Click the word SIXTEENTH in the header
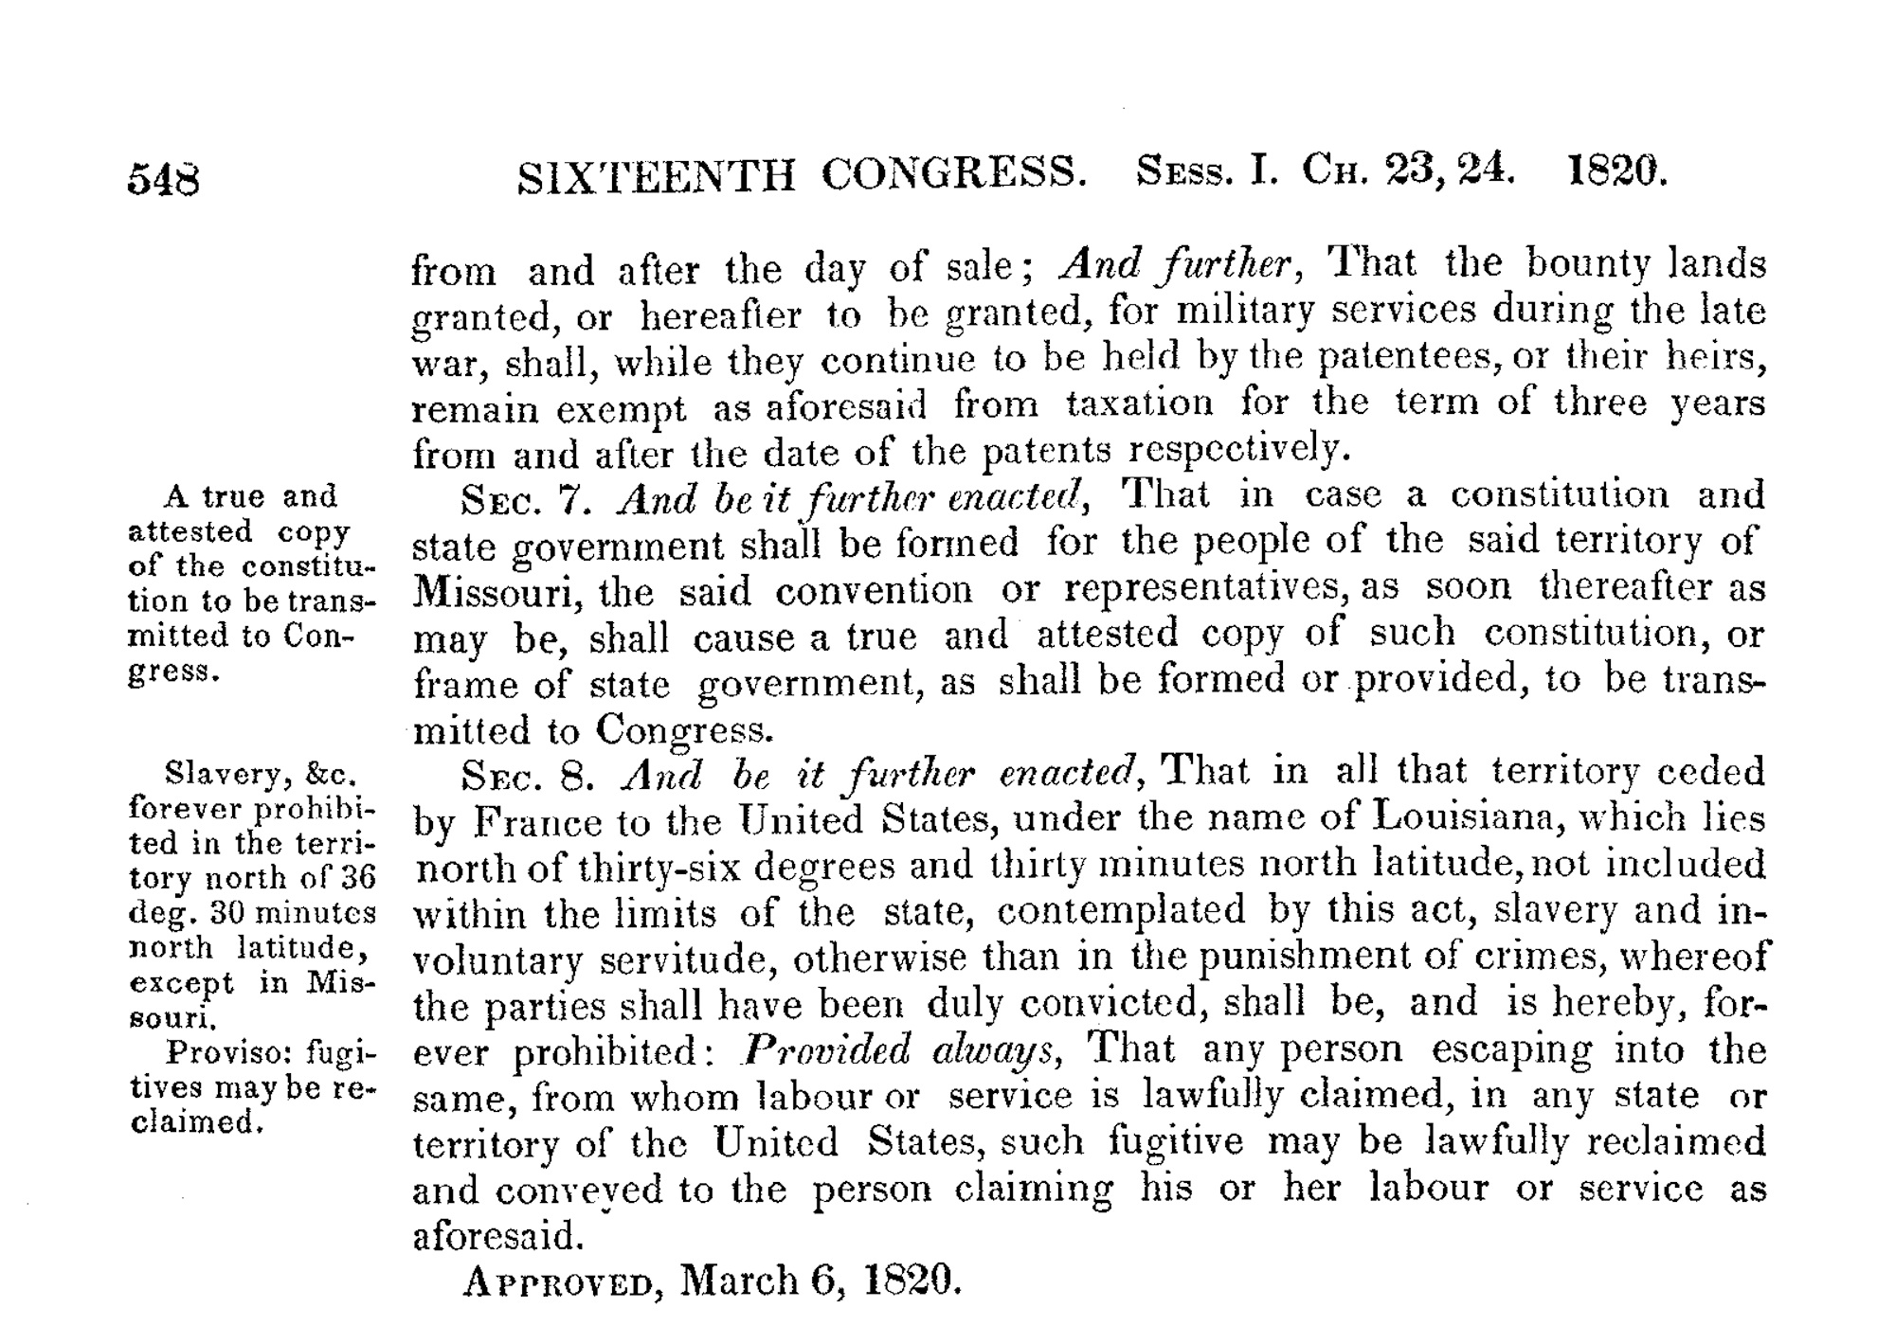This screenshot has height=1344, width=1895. coord(657,176)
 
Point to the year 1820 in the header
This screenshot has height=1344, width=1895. coord(1617,171)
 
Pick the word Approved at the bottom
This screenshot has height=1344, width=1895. coord(557,1283)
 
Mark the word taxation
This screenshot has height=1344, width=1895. coord(1139,404)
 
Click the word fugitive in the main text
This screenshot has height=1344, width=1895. coord(1175,1140)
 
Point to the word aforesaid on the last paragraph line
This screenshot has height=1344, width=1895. coord(496,1236)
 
